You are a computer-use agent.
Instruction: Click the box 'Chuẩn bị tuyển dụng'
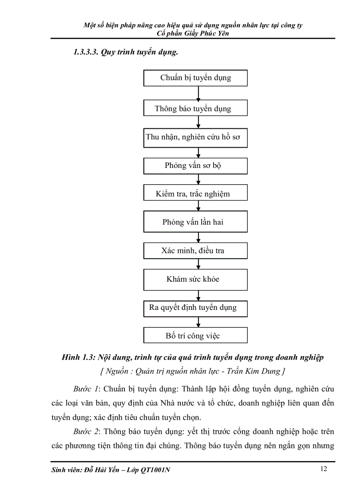[x=195, y=78]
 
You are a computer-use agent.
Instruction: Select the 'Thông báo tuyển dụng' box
[x=195, y=108]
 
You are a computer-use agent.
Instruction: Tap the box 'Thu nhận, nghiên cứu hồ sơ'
[x=195, y=138]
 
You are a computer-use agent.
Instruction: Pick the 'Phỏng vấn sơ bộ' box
[x=195, y=166]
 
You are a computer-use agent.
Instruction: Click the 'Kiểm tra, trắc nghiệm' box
[x=195, y=194]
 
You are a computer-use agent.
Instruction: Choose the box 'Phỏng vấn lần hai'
[x=195, y=222]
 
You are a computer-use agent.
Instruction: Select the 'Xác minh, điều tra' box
[x=195, y=250]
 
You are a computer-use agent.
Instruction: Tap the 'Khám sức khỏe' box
[x=195, y=279]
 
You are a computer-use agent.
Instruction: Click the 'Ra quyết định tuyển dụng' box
[x=195, y=308]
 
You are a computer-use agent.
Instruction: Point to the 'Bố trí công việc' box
[x=195, y=335]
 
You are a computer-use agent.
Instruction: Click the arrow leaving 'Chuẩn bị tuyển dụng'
[x=199, y=93]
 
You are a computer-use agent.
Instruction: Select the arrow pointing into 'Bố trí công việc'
[x=199, y=322]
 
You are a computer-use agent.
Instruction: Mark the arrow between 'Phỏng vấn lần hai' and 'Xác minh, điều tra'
[x=199, y=238]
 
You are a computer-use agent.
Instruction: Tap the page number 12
[x=323, y=469]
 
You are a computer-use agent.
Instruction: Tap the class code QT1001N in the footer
[x=155, y=470]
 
